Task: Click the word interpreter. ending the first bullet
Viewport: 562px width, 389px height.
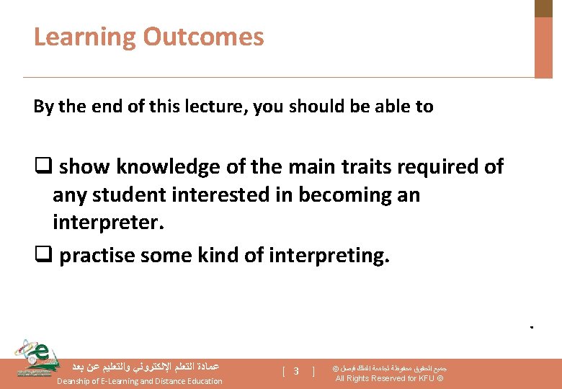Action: click(109, 223)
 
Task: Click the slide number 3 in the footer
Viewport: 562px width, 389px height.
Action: click(296, 371)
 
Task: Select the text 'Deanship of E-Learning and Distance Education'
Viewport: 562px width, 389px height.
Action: click(139, 380)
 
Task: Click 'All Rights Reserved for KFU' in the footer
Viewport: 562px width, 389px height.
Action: click(389, 378)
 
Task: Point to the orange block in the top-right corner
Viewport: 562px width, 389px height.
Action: click(543, 46)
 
